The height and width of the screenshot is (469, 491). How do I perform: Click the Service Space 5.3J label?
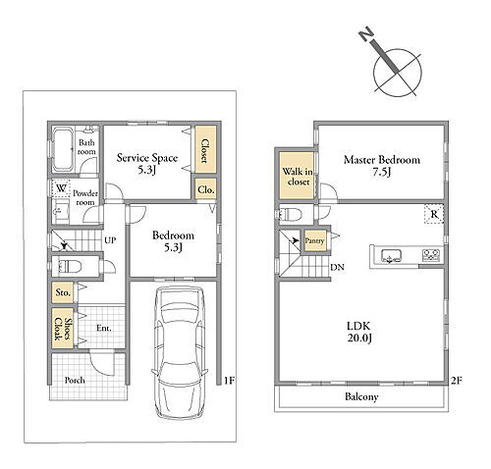pyautogui.click(x=147, y=164)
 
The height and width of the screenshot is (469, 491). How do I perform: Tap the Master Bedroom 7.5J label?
pyautogui.click(x=382, y=166)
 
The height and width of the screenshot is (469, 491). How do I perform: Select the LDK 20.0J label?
pyautogui.click(x=359, y=332)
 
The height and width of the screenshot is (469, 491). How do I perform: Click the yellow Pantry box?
pyautogui.click(x=315, y=240)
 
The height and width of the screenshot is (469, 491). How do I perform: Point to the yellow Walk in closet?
pyautogui.click(x=297, y=176)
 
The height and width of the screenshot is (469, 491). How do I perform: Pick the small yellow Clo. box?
pyautogui.click(x=206, y=188)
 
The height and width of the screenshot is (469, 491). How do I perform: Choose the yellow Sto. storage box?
pyautogui.click(x=63, y=292)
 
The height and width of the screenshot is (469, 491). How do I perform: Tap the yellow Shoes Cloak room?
pyautogui.click(x=63, y=329)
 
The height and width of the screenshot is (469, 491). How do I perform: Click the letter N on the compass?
pyautogui.click(x=366, y=33)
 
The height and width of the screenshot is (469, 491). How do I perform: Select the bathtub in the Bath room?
pyautogui.click(x=63, y=149)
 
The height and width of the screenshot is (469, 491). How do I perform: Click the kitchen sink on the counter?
pyautogui.click(x=391, y=255)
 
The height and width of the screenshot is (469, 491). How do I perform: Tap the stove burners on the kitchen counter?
pyautogui.click(x=431, y=255)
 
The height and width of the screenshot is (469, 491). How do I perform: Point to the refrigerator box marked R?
pyautogui.click(x=434, y=214)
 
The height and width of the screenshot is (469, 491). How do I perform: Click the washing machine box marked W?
pyautogui.click(x=61, y=188)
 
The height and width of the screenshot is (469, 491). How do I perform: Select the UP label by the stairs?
pyautogui.click(x=110, y=240)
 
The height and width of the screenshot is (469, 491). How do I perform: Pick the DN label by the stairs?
pyautogui.click(x=337, y=267)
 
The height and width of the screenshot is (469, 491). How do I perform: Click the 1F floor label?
pyautogui.click(x=229, y=381)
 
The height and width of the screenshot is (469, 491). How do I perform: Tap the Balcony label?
pyautogui.click(x=361, y=397)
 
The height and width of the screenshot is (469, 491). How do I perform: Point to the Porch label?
pyautogui.click(x=75, y=381)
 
